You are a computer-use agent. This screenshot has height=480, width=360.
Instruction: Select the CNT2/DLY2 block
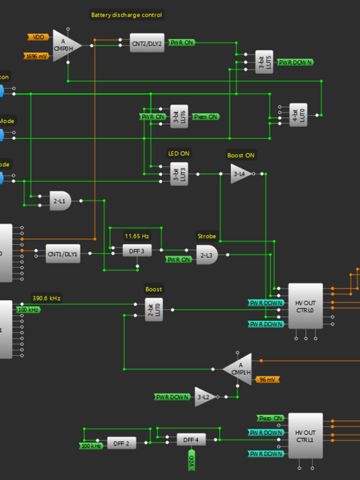pyautogui.click(x=146, y=43)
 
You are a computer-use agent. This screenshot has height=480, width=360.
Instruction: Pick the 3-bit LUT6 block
pyautogui.click(x=179, y=116)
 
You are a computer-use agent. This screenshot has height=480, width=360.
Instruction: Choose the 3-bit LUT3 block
pyautogui.click(x=179, y=174)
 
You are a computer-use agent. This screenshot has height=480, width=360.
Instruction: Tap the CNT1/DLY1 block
pyautogui.click(x=62, y=253)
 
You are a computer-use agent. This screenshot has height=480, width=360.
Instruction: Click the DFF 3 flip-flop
pyautogui.click(x=137, y=250)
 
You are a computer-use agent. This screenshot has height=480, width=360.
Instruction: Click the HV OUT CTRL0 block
pyautogui.click(x=305, y=306)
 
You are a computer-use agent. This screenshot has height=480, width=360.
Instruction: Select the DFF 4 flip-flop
pyautogui.click(x=192, y=439)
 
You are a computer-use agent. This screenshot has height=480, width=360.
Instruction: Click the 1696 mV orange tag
pyautogui.click(x=37, y=56)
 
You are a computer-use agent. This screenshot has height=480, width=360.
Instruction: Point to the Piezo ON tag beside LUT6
pyautogui.click(x=206, y=116)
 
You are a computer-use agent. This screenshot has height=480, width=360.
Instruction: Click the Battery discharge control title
pyautogui.click(x=127, y=15)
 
